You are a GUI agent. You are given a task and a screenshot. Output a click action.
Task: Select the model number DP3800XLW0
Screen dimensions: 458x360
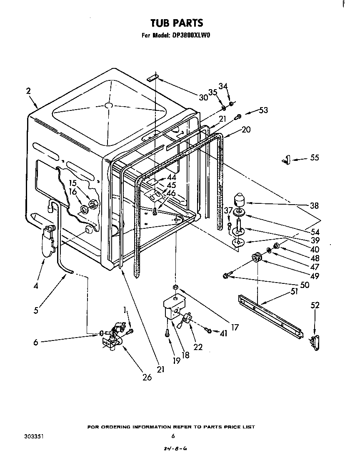pyautogui.click(x=190, y=36)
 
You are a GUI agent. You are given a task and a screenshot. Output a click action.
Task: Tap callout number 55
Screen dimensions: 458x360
pyautogui.click(x=314, y=158)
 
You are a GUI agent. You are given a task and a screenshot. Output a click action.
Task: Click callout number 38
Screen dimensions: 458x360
pyautogui.click(x=314, y=205)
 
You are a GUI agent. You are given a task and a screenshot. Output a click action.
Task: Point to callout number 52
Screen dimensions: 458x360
pyautogui.click(x=315, y=305)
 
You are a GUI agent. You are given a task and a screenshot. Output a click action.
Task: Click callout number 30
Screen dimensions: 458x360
pyautogui.click(x=203, y=98)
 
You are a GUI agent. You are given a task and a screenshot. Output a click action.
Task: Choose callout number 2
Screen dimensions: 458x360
pyautogui.click(x=28, y=91)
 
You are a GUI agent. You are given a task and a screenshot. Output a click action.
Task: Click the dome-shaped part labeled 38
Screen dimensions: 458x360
pyautogui.click(x=241, y=199)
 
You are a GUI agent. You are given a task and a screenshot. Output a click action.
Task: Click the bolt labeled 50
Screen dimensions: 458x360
pyautogui.click(x=227, y=275)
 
